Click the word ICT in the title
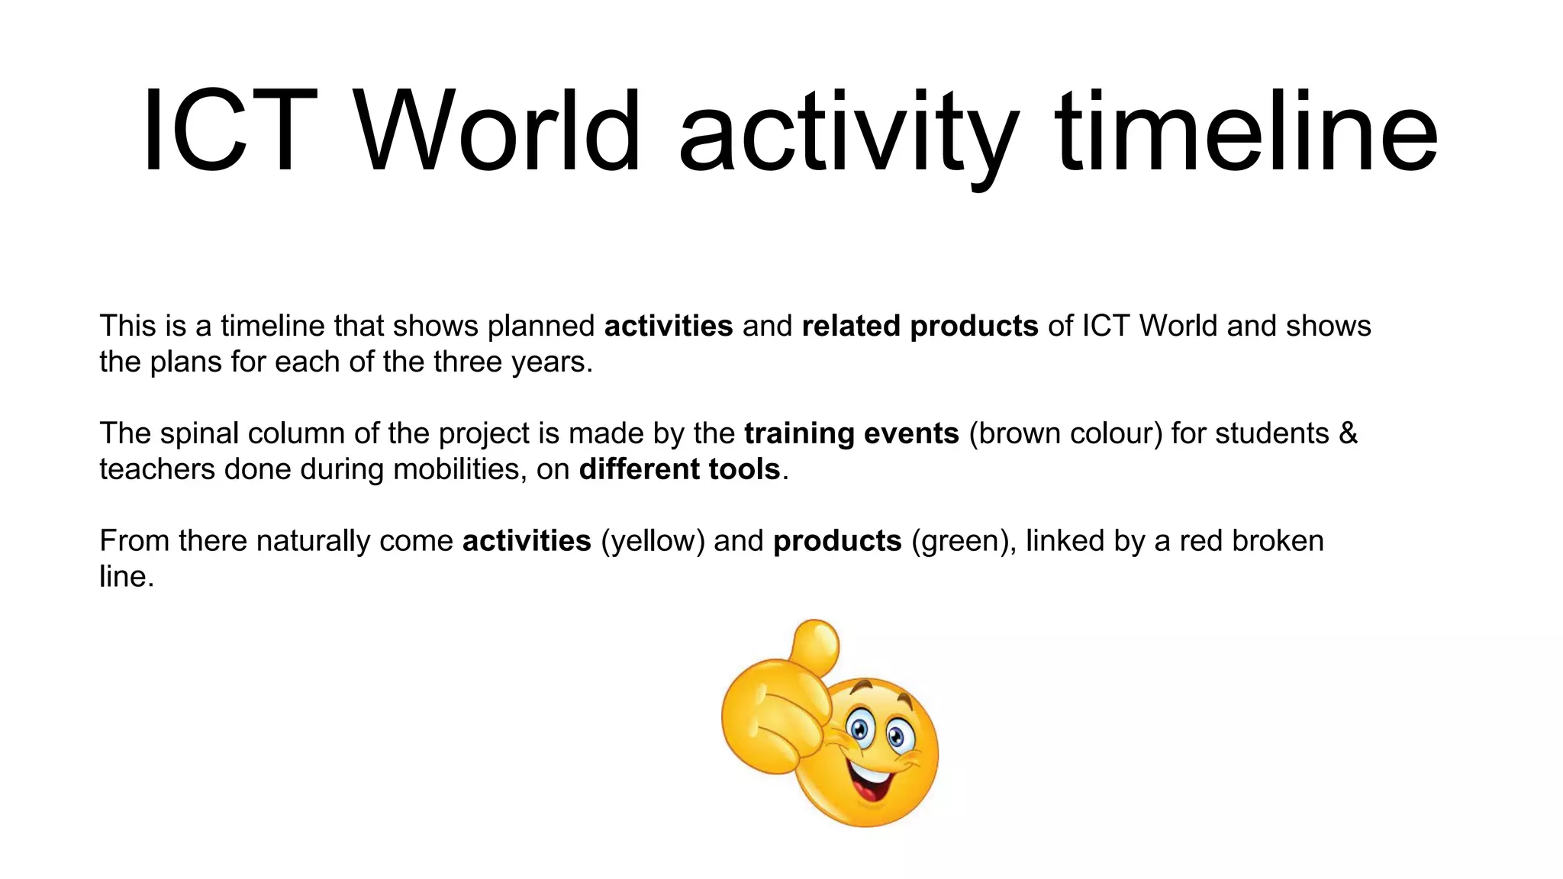(x=229, y=131)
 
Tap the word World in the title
(x=500, y=131)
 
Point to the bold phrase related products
(x=920, y=327)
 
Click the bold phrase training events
(x=851, y=434)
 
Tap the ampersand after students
(x=1348, y=433)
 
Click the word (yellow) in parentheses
(x=653, y=542)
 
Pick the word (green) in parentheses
(x=963, y=542)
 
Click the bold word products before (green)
(x=837, y=542)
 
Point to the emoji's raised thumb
(x=815, y=646)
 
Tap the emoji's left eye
(x=860, y=727)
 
